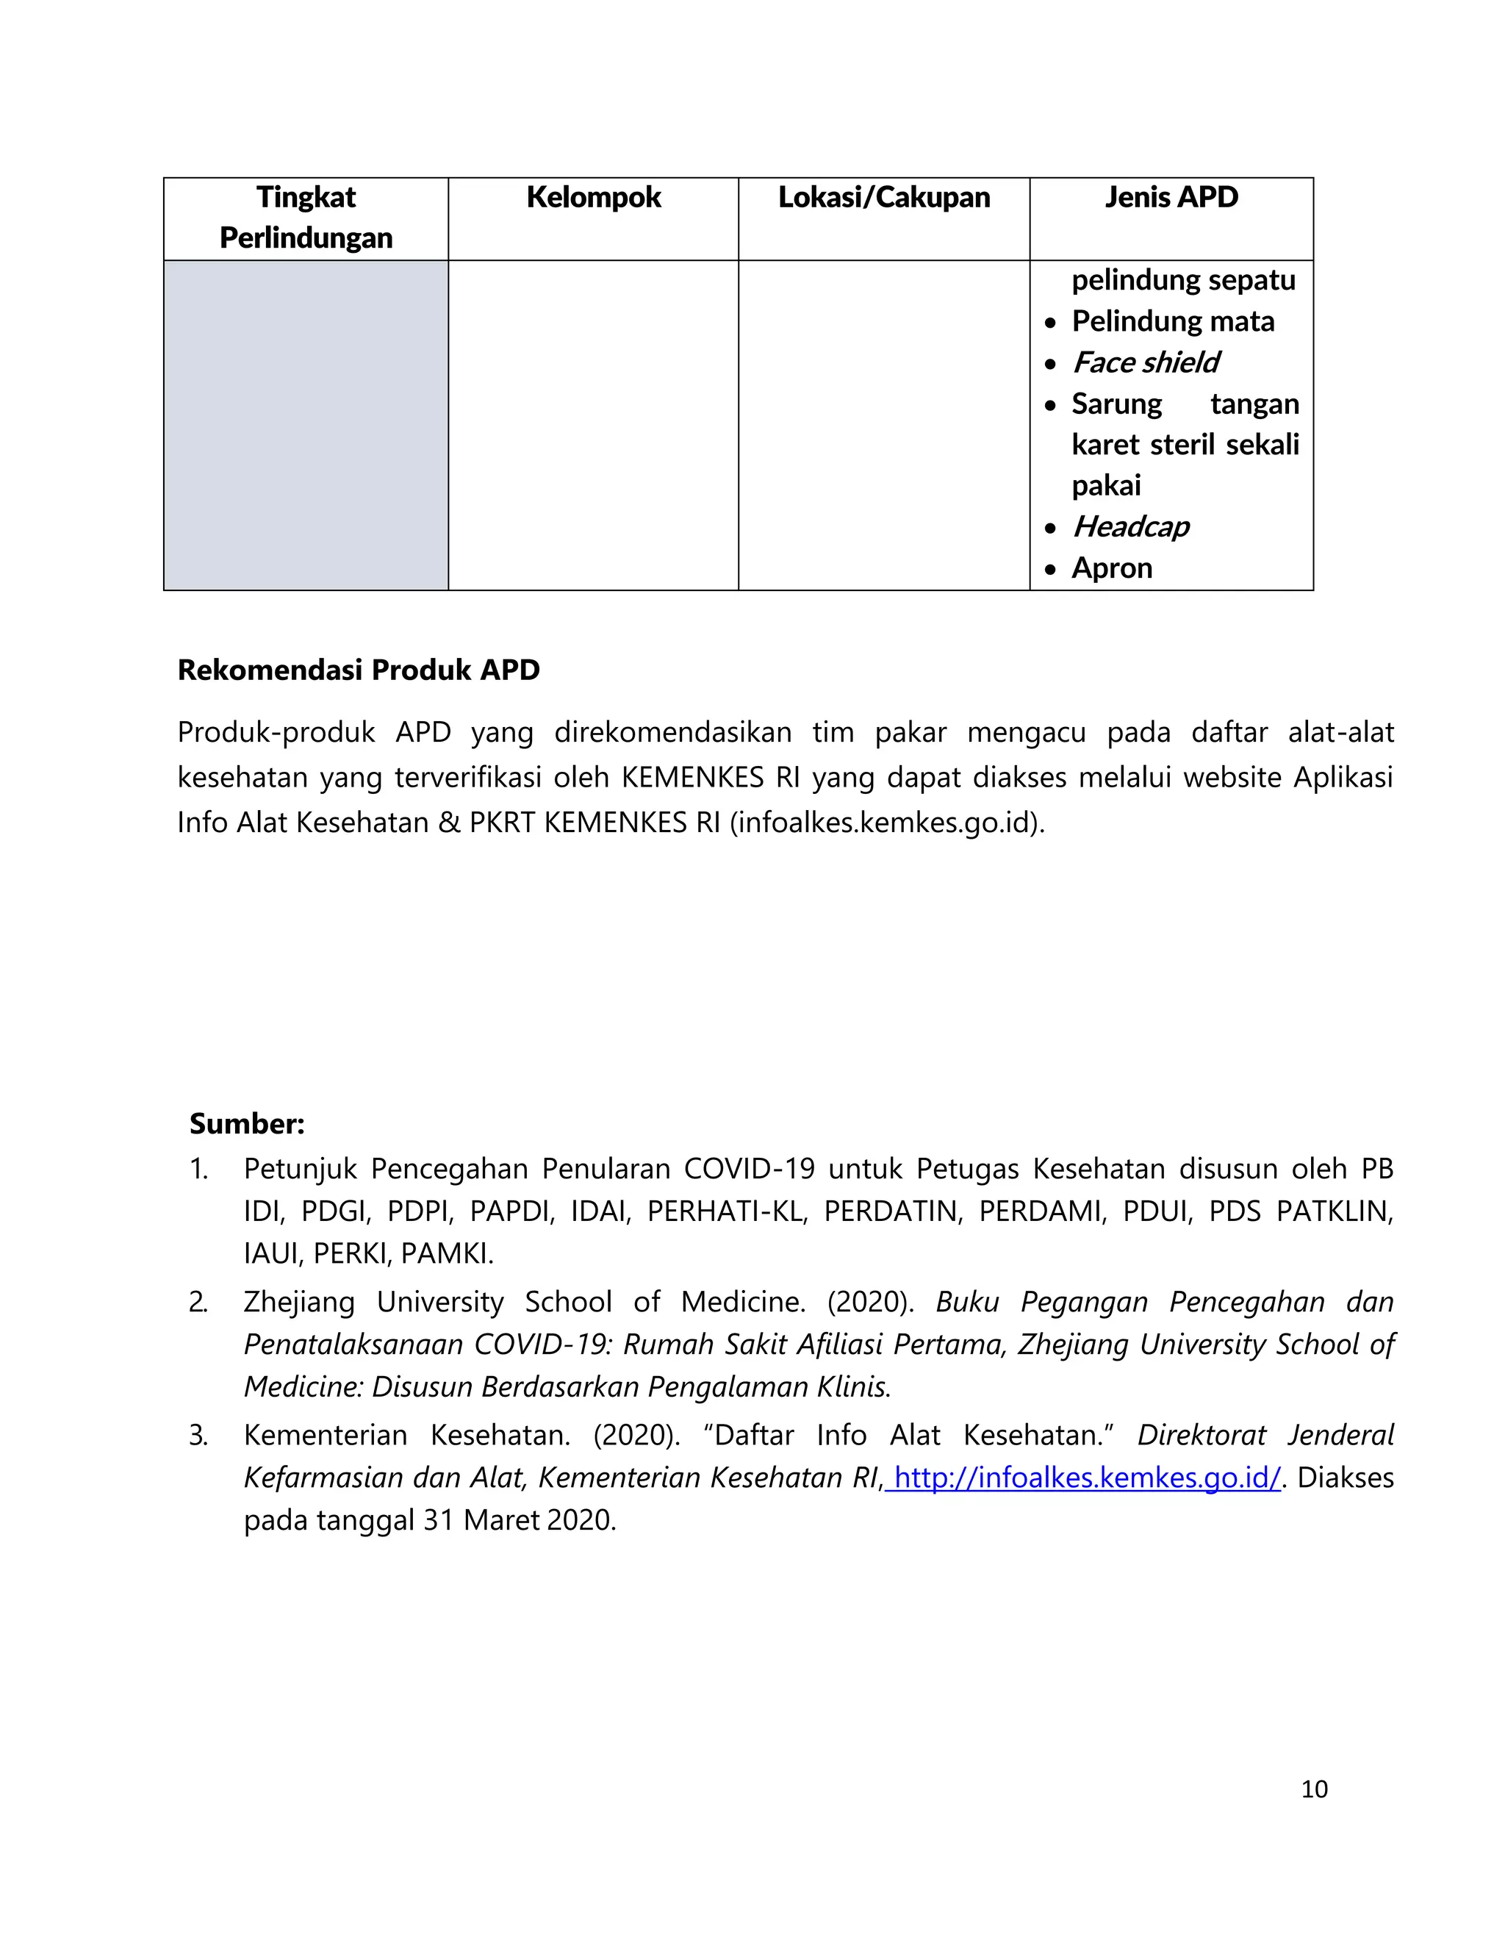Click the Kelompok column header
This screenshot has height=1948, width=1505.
[x=593, y=197]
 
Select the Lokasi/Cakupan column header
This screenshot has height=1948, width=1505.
[x=883, y=197]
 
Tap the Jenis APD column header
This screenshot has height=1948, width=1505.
[x=1171, y=197]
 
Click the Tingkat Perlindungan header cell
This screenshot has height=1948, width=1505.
[x=306, y=217]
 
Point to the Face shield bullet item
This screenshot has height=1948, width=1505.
[x=1146, y=362]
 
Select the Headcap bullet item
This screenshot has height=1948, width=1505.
[x=1130, y=526]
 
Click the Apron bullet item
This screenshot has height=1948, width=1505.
[x=1112, y=567]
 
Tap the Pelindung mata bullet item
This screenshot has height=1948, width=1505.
[x=1172, y=321]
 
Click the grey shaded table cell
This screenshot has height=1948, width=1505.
[x=306, y=425]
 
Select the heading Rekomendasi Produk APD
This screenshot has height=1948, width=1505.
[x=359, y=669]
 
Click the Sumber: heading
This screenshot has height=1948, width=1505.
[x=247, y=1123]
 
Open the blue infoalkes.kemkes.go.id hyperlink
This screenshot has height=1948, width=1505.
[x=1087, y=1477]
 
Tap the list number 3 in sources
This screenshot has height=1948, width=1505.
[x=198, y=1434]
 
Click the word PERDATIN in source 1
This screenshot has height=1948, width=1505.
[x=892, y=1211]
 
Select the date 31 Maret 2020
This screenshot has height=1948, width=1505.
[x=519, y=1520]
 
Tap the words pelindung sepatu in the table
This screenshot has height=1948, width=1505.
[x=1183, y=280]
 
